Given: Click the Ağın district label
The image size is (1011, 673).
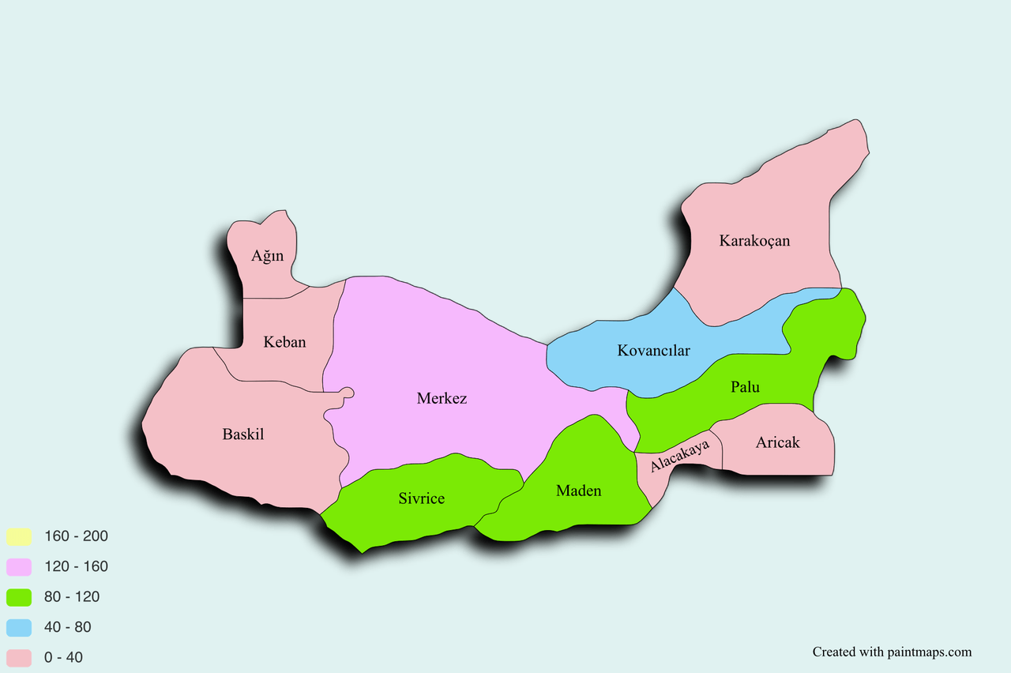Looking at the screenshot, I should click(267, 256).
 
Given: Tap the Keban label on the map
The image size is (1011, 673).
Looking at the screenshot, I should click(284, 342).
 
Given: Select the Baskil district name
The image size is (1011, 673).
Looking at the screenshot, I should click(242, 434).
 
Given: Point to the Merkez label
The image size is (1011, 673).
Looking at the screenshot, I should click(442, 398).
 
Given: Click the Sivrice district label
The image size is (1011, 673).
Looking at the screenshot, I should click(421, 498).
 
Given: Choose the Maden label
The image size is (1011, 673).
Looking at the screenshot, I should click(578, 491).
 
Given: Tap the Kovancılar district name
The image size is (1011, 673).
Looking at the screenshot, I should click(653, 350).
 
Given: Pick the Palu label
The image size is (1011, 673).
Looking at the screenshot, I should click(745, 387).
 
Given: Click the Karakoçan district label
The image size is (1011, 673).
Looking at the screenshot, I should click(754, 240).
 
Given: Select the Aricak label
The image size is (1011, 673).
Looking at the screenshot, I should click(777, 442).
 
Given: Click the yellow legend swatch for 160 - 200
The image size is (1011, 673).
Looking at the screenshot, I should click(19, 537).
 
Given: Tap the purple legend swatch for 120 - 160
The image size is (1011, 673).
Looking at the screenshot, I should click(19, 567).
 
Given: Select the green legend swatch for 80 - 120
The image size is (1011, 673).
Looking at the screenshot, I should click(19, 597).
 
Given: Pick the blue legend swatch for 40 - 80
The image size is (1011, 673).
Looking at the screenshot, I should click(19, 628).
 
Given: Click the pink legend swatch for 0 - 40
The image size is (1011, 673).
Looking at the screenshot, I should click(19, 658).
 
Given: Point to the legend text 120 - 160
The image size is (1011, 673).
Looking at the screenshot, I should click(76, 566).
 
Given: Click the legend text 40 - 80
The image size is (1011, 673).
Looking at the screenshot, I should click(68, 627).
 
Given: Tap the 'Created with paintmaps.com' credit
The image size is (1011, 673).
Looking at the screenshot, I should click(892, 652).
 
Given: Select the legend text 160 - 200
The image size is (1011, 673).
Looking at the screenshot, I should click(76, 536).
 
